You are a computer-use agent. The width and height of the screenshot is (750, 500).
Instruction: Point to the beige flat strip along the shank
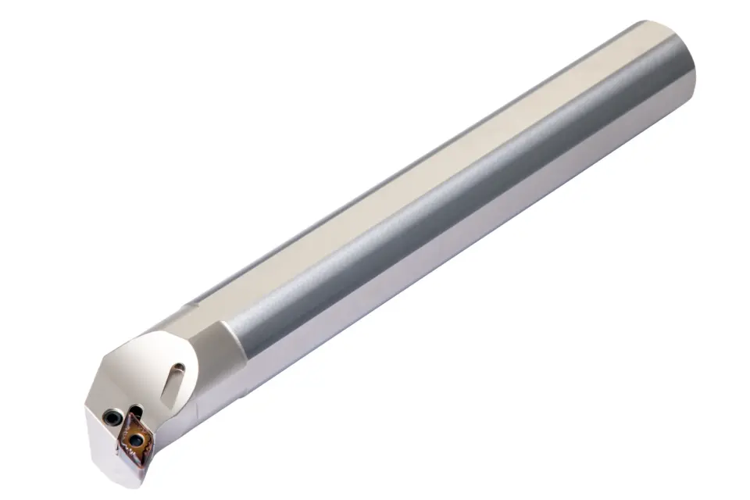point(437,156)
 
